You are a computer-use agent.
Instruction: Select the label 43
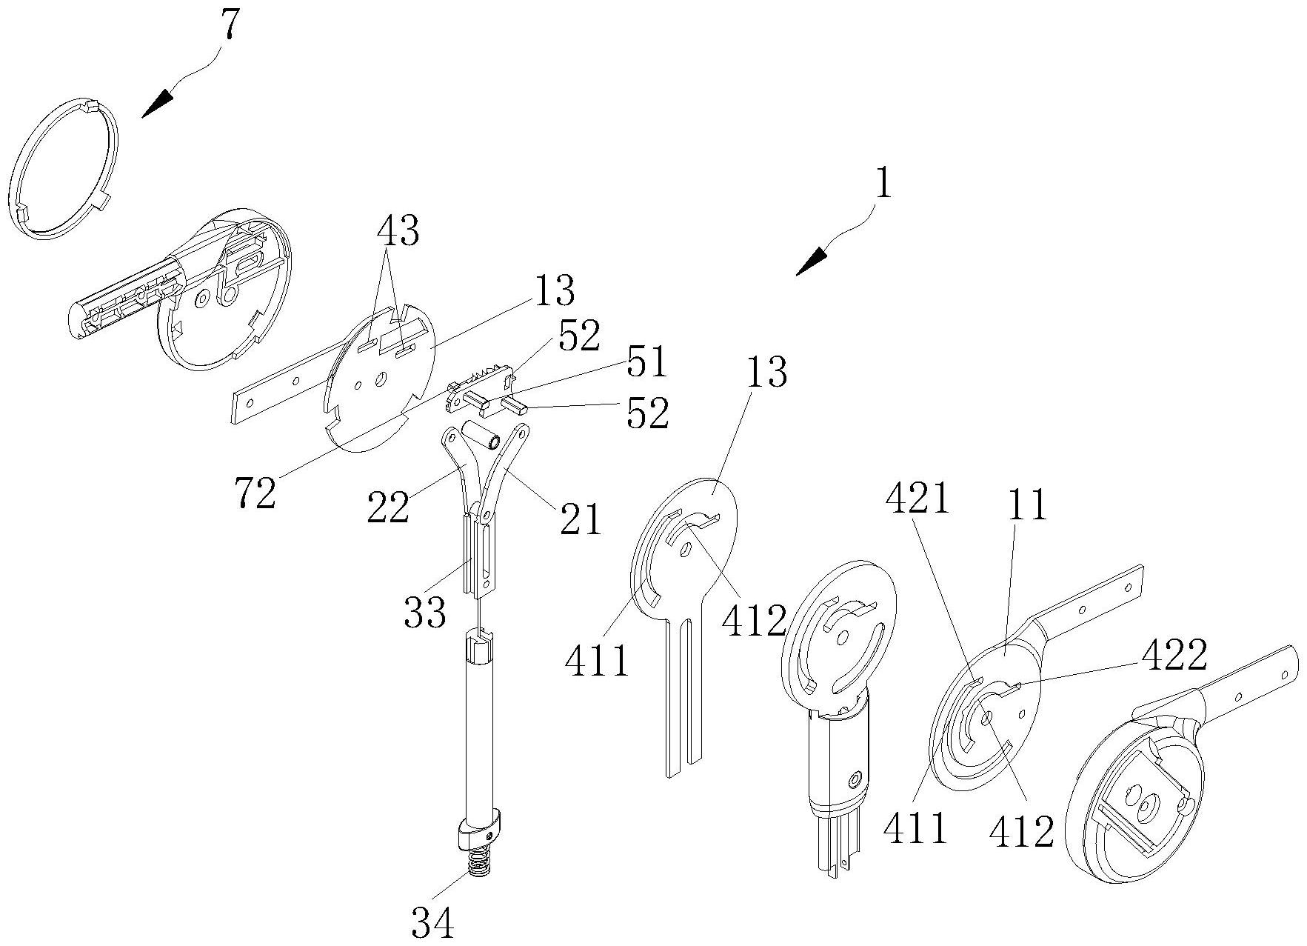click(398, 231)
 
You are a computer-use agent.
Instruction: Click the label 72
click(255, 493)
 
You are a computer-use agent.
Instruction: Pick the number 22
click(388, 507)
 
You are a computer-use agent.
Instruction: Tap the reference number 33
click(425, 613)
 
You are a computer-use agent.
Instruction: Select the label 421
click(917, 501)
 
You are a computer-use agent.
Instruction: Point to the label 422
click(1174, 654)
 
